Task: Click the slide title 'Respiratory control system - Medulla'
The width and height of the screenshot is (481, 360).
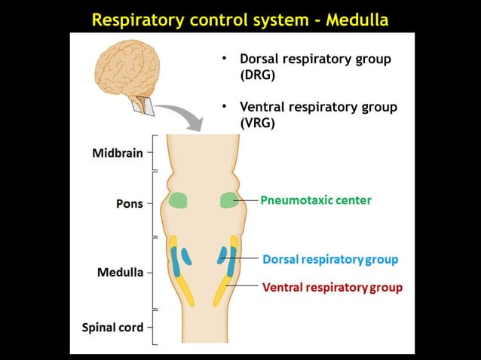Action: point(240,20)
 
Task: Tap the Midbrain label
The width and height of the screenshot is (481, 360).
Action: point(117,152)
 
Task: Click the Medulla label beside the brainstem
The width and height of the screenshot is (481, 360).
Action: point(120,272)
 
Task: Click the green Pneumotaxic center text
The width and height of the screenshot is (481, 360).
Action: point(316,200)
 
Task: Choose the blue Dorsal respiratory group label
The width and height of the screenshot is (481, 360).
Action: point(330,259)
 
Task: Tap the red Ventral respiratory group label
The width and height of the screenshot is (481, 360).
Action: point(332,287)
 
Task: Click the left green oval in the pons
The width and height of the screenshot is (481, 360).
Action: point(178,200)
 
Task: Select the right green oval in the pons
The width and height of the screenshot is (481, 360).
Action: point(228,200)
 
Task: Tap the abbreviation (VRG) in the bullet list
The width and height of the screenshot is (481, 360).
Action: point(256,123)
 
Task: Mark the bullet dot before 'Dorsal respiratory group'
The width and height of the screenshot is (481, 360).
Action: point(224,58)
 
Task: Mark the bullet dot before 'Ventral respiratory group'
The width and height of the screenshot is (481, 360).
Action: point(224,106)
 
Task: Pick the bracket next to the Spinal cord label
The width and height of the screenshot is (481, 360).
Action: point(154,328)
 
